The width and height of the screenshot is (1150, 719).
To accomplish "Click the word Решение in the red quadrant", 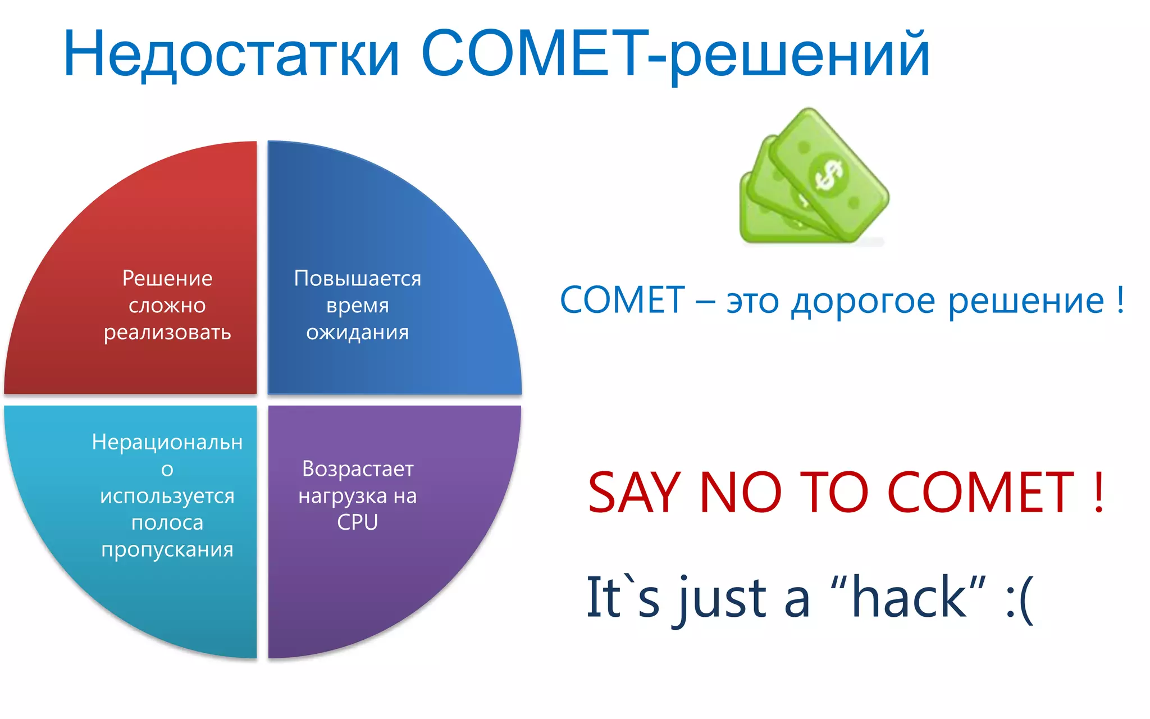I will pyautogui.click(x=167, y=279).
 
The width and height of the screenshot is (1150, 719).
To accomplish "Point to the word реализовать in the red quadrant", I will pyautogui.click(x=167, y=333).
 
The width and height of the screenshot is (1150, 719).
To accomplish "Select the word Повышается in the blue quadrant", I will pyautogui.click(x=357, y=279).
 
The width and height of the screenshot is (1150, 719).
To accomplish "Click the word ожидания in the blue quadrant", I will pyautogui.click(x=357, y=333).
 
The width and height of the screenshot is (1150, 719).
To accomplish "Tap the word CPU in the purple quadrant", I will pyautogui.click(x=357, y=522).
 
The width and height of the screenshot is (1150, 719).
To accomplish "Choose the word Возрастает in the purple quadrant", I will pyautogui.click(x=358, y=468).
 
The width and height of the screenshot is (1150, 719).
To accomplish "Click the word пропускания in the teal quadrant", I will pyautogui.click(x=167, y=549).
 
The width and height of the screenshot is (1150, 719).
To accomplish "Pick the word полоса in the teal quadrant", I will pyautogui.click(x=167, y=522).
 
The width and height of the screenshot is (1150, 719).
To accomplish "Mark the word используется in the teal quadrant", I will pyautogui.click(x=167, y=496).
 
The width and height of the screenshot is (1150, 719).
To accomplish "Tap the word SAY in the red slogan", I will pyautogui.click(x=634, y=493).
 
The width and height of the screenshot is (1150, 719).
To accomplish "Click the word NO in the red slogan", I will pyautogui.click(x=740, y=493).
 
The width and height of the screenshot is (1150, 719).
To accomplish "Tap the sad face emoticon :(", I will pyautogui.click(x=1019, y=599).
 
